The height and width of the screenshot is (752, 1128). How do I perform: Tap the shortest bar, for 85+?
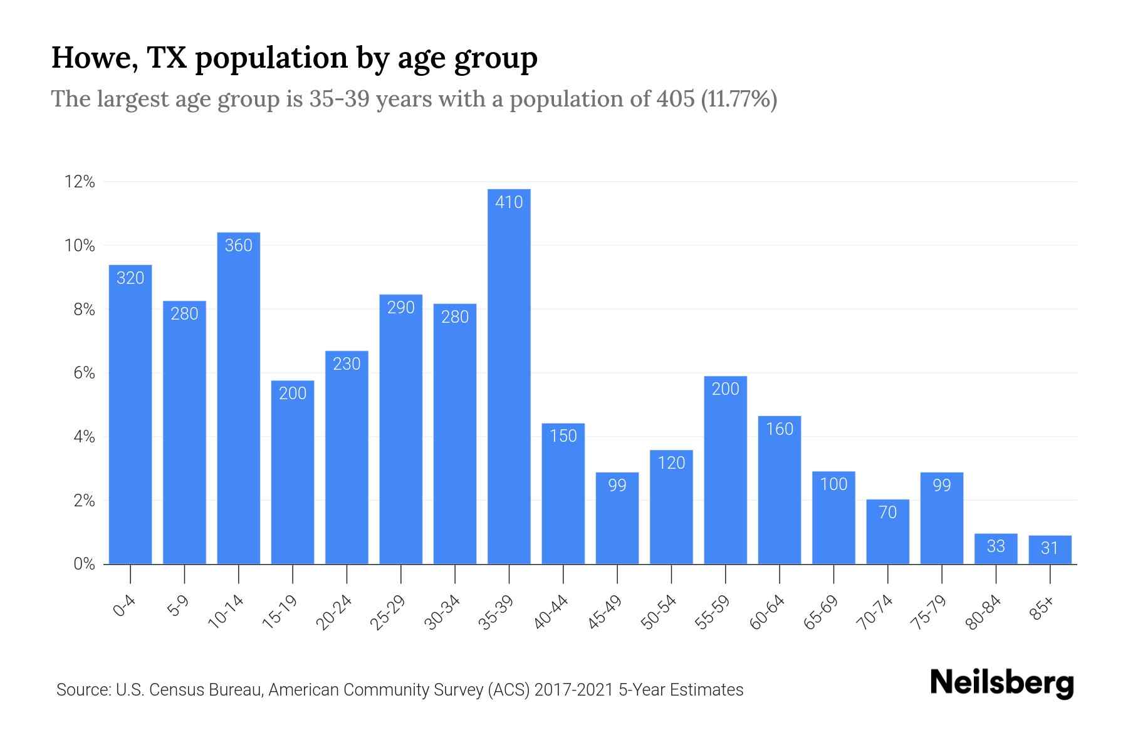point(1050,551)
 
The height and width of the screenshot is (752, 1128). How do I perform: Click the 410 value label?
point(509,202)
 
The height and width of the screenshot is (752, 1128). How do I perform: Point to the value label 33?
point(996,546)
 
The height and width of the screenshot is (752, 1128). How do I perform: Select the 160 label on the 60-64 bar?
point(780,429)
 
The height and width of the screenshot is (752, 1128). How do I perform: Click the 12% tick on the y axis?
point(80,182)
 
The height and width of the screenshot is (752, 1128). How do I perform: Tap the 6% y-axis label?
point(84,373)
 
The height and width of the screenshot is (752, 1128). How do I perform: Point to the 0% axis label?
point(84,564)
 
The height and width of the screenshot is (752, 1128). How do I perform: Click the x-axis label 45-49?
point(605,612)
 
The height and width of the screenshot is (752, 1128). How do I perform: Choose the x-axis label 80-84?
point(983,612)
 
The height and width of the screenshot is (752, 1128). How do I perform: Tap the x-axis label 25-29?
point(388,612)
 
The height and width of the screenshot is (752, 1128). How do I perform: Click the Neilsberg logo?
point(1001,683)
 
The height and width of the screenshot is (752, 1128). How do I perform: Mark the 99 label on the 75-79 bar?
point(941,486)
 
